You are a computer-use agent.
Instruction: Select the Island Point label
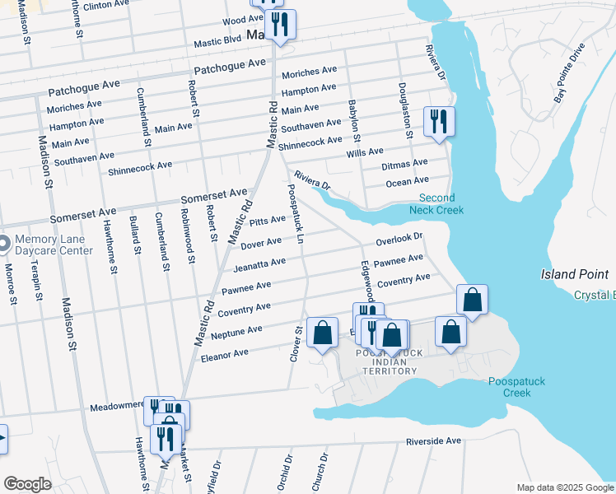pos(577,274)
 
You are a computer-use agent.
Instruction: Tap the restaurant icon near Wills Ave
pos(439,121)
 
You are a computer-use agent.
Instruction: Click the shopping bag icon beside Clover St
pos(322,333)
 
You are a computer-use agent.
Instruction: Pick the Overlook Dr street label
pos(399,240)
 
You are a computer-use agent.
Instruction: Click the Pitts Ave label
pos(268,221)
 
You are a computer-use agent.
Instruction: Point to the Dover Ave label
pos(261,244)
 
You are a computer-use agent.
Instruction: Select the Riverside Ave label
pos(433,441)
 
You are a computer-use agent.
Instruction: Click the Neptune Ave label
pos(236,333)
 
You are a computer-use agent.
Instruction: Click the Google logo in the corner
pos(27,484)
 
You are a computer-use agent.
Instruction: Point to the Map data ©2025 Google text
pos(564,487)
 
